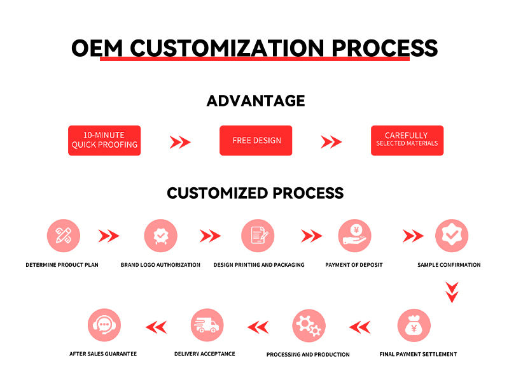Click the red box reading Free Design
pyautogui.click(x=256, y=140)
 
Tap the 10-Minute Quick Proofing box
pyautogui.click(x=104, y=140)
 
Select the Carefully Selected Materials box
pyautogui.click(x=407, y=140)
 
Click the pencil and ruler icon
pyautogui.click(x=64, y=236)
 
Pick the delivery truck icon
pyautogui.click(x=207, y=325)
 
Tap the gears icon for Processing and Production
pyautogui.click(x=309, y=325)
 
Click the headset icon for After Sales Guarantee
pyautogui.click(x=104, y=325)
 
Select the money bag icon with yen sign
pyautogui.click(x=414, y=325)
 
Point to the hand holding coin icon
pyautogui.click(x=354, y=236)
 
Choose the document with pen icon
pyautogui.click(x=258, y=236)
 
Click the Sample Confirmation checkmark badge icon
pyautogui.click(x=452, y=236)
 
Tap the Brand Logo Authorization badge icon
pyautogui.click(x=161, y=236)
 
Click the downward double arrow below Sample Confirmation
pyautogui.click(x=452, y=292)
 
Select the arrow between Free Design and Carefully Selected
pyautogui.click(x=331, y=142)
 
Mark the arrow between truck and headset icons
pyautogui.click(x=156, y=327)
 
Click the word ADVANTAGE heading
pyautogui.click(x=256, y=101)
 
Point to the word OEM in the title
pyautogui.click(x=97, y=48)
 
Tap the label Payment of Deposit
pyautogui.click(x=354, y=265)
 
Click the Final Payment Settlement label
pyautogui.click(x=418, y=354)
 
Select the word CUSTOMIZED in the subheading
pyautogui.click(x=218, y=193)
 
